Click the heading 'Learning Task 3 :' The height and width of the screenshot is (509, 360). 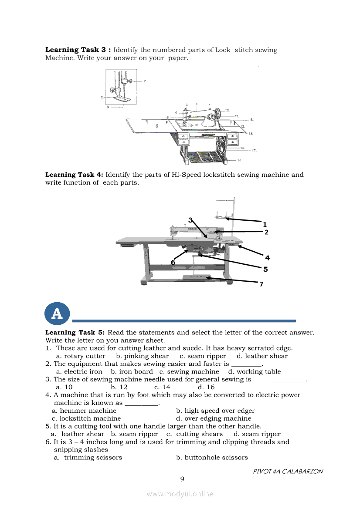tap(78, 50)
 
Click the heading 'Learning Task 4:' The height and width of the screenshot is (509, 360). tap(74, 175)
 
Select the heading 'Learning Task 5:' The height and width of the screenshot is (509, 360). tap(75, 332)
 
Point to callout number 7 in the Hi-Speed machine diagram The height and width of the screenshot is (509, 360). tap(261, 284)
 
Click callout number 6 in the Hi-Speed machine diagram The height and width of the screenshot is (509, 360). tap(173, 262)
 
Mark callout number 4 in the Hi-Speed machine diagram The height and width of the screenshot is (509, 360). tap(267, 258)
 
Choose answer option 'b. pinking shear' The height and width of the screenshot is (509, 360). tap(142, 356)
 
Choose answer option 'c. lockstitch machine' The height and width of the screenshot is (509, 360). tap(86, 418)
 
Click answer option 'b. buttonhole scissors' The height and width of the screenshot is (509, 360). tap(212, 458)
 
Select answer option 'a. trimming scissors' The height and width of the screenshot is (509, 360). tap(88, 458)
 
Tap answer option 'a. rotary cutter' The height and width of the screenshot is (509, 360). tap(81, 356)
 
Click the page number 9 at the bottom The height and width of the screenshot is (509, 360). tap(183, 479)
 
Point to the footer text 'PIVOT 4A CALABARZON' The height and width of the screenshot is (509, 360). tap(288, 472)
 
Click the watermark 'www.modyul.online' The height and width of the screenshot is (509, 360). tap(180, 494)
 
